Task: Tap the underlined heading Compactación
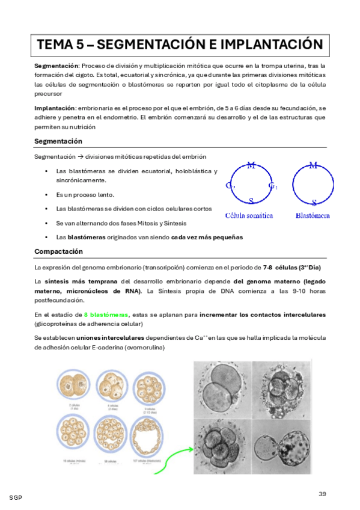[58, 251]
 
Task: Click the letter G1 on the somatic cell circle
[272, 185]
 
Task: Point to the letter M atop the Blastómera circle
[313, 165]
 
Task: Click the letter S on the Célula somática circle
[251, 201]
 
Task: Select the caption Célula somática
[249, 215]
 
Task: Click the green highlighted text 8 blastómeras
[106, 314]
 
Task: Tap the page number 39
[322, 494]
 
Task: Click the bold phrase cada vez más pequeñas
[207, 237]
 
